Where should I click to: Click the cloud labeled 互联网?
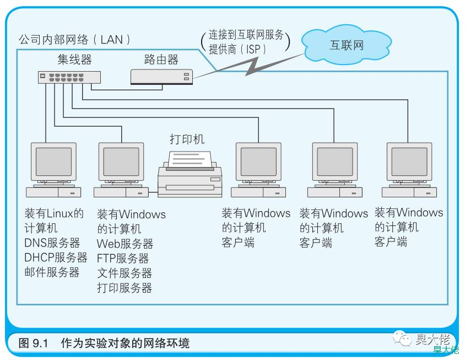click(x=347, y=45)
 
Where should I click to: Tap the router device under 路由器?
click(x=161, y=77)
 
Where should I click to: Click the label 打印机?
click(x=187, y=139)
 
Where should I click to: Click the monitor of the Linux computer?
click(x=53, y=161)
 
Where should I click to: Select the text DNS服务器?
click(x=52, y=243)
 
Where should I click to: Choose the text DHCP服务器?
click(x=56, y=257)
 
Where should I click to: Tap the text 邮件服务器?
click(x=52, y=272)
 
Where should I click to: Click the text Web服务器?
click(x=125, y=244)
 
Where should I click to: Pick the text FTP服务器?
click(x=122, y=258)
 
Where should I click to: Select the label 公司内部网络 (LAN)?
click(x=74, y=40)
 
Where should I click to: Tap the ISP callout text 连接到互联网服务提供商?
click(x=246, y=42)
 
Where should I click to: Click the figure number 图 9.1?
click(x=33, y=343)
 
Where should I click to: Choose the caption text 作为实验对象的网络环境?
click(x=125, y=343)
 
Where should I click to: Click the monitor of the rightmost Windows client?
click(x=409, y=161)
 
